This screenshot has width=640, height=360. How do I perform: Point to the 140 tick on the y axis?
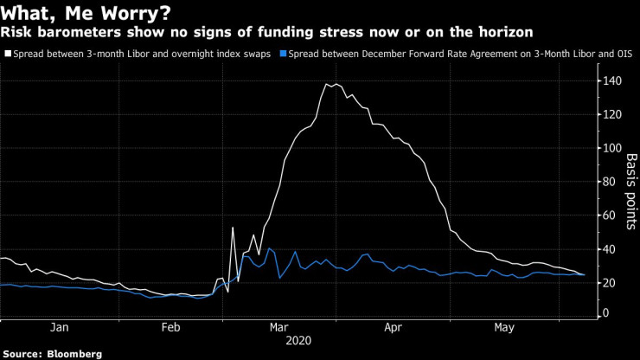click(611, 81)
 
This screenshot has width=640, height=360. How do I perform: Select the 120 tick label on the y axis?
click(611, 115)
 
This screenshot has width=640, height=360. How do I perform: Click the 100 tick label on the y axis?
click(611, 148)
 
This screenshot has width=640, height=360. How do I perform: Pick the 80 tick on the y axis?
click(609, 182)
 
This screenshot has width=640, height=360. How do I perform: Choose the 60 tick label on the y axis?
click(609, 215)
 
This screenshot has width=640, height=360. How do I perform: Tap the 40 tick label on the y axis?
click(609, 249)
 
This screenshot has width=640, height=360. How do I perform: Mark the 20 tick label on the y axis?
click(609, 283)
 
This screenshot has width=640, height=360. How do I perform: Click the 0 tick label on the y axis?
click(605, 312)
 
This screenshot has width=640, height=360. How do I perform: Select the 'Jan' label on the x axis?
click(60, 328)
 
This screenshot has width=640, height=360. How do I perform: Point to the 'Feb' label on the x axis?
click(170, 328)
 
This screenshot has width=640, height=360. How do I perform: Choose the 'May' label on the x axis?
click(504, 328)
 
